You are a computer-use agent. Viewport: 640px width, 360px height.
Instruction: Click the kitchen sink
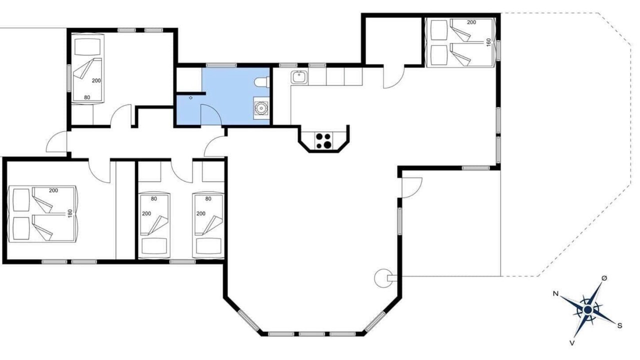tap(299, 77)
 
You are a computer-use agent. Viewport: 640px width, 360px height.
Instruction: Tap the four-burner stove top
tap(323, 141)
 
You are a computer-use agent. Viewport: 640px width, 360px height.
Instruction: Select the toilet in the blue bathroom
tap(261, 82)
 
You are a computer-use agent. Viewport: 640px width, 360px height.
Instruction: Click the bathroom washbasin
tap(261, 108)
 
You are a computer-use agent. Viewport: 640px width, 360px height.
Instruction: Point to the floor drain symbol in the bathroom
tap(191, 98)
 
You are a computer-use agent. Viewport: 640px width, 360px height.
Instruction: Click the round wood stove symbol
tap(382, 278)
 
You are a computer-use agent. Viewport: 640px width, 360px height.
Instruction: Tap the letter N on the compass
tap(555, 293)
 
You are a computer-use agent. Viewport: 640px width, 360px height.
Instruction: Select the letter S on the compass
tap(619, 325)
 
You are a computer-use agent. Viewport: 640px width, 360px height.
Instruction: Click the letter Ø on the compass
tap(604, 278)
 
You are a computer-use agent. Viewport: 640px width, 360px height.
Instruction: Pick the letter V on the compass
tap(572, 343)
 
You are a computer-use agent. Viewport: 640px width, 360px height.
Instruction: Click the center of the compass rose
tap(587, 309)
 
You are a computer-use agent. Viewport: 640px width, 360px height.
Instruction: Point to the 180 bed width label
tap(70, 213)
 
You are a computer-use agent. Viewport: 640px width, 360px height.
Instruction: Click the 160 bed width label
tap(488, 42)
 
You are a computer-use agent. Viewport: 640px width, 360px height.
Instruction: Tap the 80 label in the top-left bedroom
tap(87, 97)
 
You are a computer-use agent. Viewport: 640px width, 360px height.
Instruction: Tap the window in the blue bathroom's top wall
tap(221, 65)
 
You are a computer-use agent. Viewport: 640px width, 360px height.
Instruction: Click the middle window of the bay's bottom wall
tap(311, 333)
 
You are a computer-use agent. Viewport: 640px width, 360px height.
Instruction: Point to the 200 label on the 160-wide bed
tap(471, 22)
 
